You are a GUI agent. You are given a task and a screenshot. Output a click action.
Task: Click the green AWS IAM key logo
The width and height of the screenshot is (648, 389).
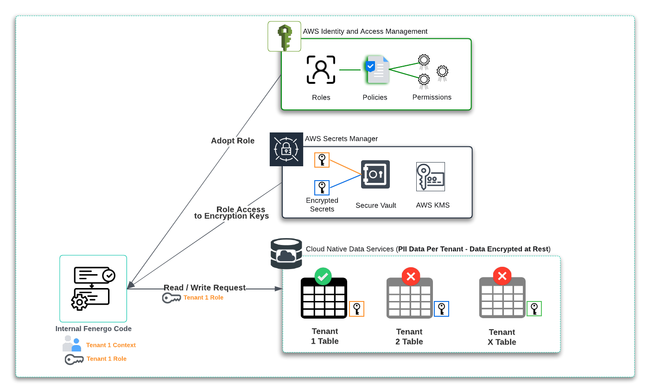pos(284,37)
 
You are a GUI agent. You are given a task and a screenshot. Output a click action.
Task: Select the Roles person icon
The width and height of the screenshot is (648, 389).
pos(321,70)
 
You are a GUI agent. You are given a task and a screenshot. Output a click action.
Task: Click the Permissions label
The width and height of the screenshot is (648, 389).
pos(432,97)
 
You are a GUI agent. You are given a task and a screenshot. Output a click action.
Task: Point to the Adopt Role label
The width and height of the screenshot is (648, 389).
pos(233,141)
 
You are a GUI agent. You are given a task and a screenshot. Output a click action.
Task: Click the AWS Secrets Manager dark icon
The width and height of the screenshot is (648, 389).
pos(286,149)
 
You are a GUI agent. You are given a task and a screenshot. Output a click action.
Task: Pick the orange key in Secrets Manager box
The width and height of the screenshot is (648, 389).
pos(322,160)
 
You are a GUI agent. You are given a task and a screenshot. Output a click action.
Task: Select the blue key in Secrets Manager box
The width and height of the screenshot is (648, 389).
pos(322,188)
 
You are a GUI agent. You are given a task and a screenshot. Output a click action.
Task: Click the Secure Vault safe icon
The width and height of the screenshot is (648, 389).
pos(375,174)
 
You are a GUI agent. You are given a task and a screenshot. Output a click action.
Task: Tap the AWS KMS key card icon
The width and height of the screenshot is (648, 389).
pos(430,176)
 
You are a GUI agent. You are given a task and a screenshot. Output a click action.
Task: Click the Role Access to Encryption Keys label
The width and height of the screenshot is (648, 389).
pos(232,213)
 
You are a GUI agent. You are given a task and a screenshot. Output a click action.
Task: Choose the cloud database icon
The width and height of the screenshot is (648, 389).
pos(286,253)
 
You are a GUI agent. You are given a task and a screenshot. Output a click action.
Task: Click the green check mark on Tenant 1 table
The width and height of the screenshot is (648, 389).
pos(323,276)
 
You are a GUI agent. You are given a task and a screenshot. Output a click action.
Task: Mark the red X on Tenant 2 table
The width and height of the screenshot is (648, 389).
pos(410,276)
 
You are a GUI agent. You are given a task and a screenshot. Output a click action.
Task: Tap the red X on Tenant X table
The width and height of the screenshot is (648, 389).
pos(502,276)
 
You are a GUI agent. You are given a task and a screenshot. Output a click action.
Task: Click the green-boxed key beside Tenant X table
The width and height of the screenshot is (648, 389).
pos(534,308)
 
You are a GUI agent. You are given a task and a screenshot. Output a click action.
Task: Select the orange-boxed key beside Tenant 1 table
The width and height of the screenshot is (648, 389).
pos(356,309)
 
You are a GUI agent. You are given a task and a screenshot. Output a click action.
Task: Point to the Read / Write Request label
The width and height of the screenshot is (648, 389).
pos(204,288)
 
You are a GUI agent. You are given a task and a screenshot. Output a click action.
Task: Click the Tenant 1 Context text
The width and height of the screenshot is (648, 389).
pos(111,345)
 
